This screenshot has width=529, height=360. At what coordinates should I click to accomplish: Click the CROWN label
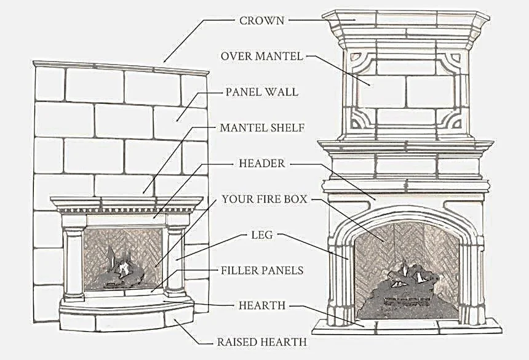pos(262,20)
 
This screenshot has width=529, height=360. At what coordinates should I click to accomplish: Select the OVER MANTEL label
pos(261,56)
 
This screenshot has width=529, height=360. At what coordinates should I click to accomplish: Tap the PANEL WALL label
pos(261,92)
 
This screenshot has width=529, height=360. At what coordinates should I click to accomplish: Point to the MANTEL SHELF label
pos(263,128)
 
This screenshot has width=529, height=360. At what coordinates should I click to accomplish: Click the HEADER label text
pos(262,164)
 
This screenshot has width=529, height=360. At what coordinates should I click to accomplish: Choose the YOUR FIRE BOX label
pos(264,199)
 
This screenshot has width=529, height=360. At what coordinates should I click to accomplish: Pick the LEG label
pos(262,234)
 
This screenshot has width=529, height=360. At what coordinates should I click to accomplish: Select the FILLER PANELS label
pos(262,270)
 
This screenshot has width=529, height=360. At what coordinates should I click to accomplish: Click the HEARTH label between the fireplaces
pos(262,305)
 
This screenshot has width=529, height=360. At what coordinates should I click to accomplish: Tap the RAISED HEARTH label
pos(262,341)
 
